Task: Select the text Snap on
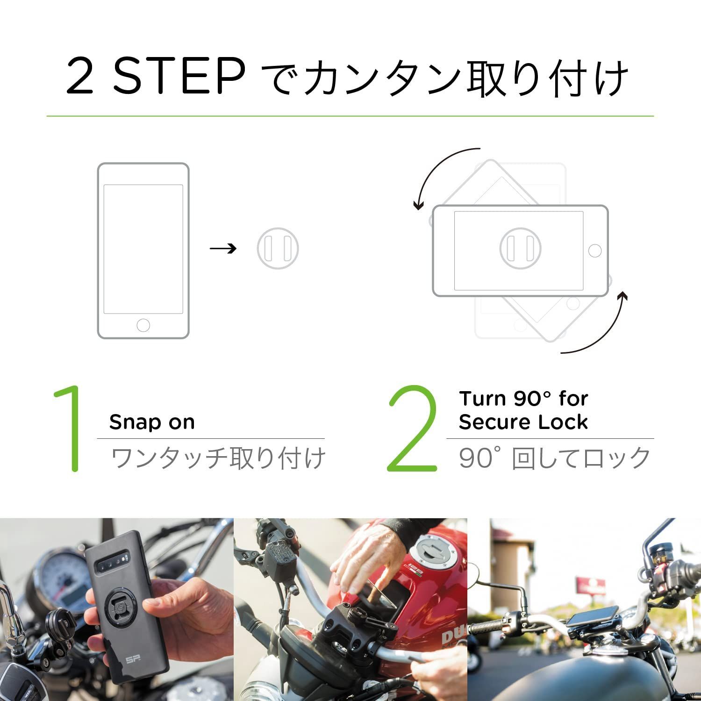[152, 422]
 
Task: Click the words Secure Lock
[523, 422]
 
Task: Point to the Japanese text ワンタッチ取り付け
[218, 458]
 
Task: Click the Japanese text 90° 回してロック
[554, 458]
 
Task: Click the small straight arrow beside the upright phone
[223, 248]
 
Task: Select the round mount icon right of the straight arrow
[278, 248]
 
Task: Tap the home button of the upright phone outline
[143, 325]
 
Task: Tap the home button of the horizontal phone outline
[595, 250]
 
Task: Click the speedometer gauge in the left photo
[61, 579]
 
